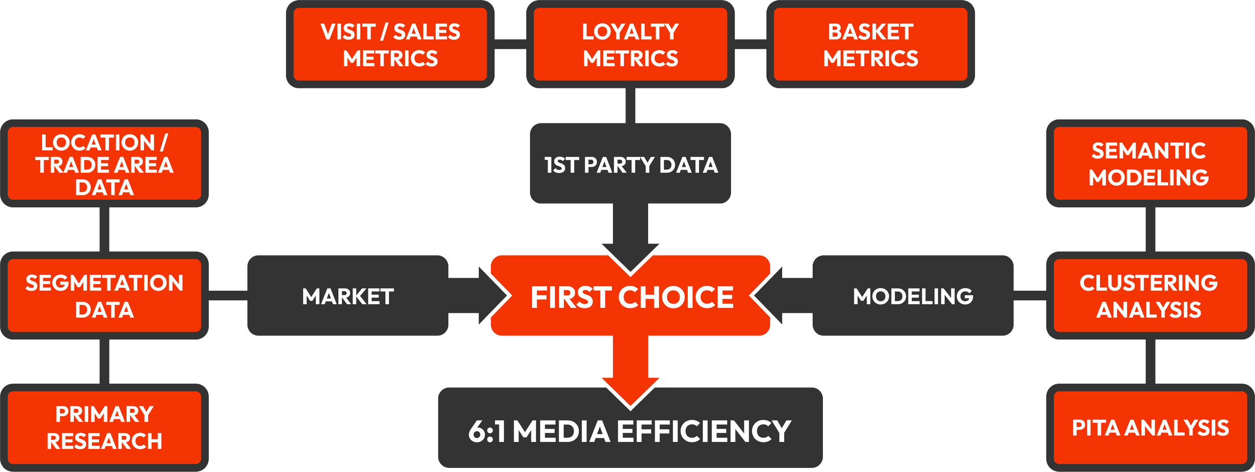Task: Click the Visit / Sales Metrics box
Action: [x=390, y=45]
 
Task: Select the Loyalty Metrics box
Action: [x=630, y=45]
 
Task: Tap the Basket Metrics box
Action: [x=870, y=45]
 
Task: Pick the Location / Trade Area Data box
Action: [x=104, y=164]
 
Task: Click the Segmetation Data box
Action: [x=104, y=296]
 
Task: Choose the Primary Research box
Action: [x=104, y=427]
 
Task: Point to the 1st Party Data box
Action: [x=630, y=164]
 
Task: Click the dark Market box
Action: [x=347, y=296]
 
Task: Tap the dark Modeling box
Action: [x=913, y=296]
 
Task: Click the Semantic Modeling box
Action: [x=1150, y=164]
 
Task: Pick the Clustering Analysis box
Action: [x=1150, y=296]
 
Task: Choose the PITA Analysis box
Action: [x=1150, y=427]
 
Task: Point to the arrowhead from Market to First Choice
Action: [x=492, y=296]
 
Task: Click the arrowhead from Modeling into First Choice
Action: [x=768, y=296]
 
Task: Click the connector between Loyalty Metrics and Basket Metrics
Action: [x=750, y=44]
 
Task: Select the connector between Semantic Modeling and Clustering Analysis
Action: [x=1150, y=229]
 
